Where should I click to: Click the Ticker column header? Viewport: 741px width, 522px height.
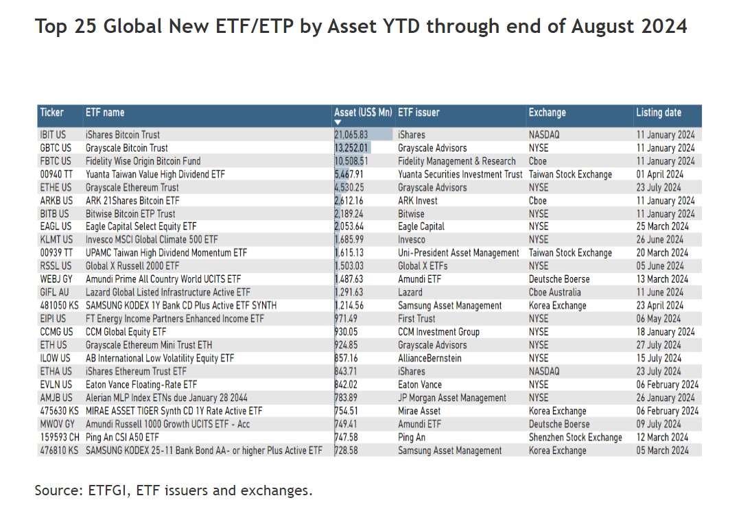coord(51,112)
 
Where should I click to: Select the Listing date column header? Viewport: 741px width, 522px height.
coord(658,112)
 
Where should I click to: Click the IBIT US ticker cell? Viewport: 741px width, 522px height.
coord(54,135)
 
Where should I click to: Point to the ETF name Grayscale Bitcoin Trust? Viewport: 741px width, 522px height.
coord(126,148)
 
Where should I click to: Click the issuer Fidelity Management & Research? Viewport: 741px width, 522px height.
coord(456,161)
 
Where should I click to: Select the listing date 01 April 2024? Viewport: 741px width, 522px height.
coord(659,174)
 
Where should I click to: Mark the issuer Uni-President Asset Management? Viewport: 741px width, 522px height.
coord(458,253)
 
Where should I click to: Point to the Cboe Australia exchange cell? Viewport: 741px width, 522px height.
coord(554,292)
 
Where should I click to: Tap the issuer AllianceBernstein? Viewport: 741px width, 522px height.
coord(430,358)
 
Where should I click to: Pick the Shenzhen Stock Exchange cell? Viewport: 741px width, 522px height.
coord(575,438)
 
